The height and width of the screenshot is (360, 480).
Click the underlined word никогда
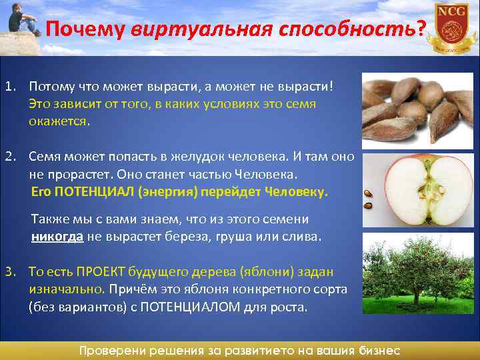point(57,237)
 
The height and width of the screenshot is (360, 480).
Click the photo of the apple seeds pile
point(417,109)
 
